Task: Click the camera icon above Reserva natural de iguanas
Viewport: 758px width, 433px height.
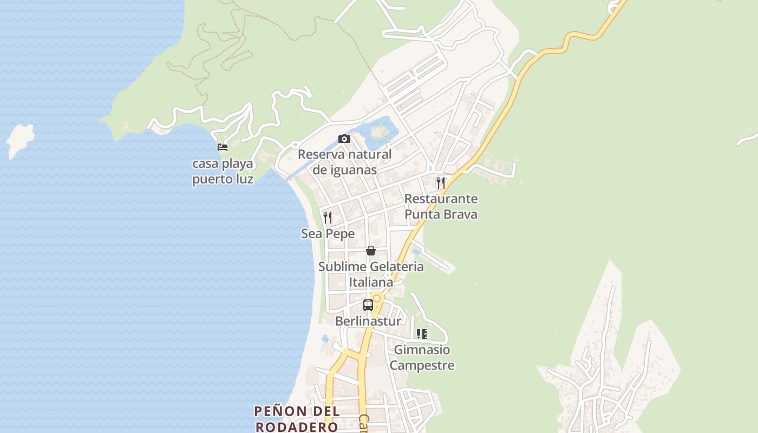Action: [344, 139]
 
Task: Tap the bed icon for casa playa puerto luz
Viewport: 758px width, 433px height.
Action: [222, 147]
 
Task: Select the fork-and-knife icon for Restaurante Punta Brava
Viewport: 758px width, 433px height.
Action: [441, 183]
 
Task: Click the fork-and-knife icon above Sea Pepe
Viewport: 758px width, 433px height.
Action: [328, 218]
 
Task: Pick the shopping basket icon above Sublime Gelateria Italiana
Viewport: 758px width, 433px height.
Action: [371, 251]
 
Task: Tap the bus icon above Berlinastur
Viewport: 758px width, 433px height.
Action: [368, 305]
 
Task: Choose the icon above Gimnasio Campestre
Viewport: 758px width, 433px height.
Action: [422, 334]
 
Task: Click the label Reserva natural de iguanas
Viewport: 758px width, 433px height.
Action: [345, 162]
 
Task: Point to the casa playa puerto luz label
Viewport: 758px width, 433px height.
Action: [223, 171]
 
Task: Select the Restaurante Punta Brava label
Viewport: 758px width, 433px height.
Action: [441, 206]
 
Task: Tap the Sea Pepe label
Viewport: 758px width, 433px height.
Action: [328, 234]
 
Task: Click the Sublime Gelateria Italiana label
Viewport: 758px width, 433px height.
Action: [371, 274]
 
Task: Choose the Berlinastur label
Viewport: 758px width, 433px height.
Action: [368, 321]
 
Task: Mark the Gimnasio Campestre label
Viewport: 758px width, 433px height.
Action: [422, 357]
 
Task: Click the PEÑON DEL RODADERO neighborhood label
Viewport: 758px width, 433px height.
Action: [297, 418]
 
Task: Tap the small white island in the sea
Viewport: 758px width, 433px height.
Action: [20, 140]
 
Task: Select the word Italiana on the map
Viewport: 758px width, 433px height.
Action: [371, 282]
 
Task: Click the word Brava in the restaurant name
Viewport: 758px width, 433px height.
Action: [459, 214]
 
